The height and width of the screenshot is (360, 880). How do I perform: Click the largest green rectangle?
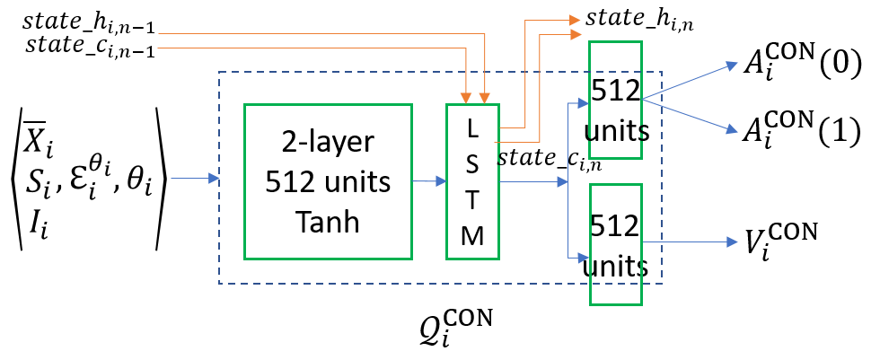(x=328, y=181)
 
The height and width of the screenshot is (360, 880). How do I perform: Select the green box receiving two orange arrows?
(x=472, y=181)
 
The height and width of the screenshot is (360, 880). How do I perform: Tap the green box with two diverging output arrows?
(x=615, y=100)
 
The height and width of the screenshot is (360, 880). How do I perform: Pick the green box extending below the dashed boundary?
(x=616, y=244)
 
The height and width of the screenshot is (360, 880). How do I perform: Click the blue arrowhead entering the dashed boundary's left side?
(x=214, y=179)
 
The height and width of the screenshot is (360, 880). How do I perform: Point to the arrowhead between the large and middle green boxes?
(x=441, y=181)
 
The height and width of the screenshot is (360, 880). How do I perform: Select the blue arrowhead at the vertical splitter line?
(x=563, y=182)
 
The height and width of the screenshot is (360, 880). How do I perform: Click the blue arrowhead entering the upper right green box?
(x=584, y=103)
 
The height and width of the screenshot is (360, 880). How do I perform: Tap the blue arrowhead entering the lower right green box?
(x=584, y=259)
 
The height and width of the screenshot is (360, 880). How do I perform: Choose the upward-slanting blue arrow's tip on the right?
(x=733, y=66)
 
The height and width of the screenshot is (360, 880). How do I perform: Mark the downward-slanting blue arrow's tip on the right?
(x=733, y=130)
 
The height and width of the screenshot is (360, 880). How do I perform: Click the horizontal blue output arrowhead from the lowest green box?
(x=733, y=242)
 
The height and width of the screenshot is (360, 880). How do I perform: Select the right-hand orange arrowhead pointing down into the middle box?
(x=485, y=99)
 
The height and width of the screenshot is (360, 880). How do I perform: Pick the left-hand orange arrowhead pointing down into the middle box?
(x=466, y=99)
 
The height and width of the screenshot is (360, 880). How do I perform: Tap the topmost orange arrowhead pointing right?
(x=576, y=20)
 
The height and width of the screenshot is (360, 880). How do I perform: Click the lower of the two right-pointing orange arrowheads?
(x=576, y=35)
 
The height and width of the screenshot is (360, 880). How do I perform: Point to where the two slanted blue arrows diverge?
(x=643, y=99)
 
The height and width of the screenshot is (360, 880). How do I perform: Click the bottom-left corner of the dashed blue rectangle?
(x=219, y=284)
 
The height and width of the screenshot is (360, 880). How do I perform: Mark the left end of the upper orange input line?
(x=159, y=34)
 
